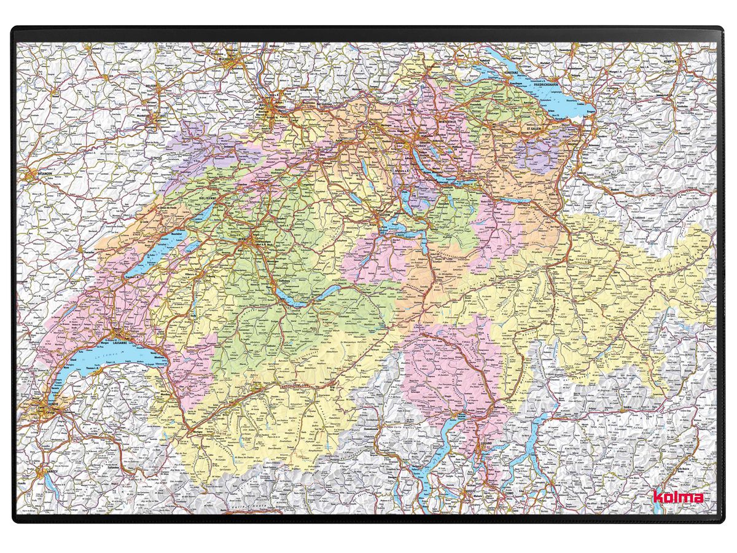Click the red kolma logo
[678, 497]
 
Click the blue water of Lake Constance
[540, 92]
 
